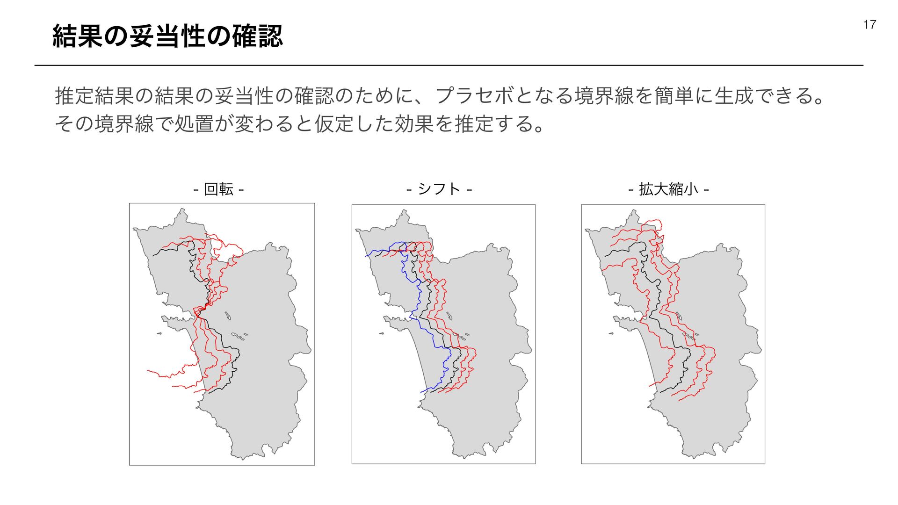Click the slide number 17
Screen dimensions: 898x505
click(x=869, y=25)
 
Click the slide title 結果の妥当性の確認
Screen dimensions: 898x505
click(x=167, y=36)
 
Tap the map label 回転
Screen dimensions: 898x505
click(x=218, y=189)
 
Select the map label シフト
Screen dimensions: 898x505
click(x=439, y=189)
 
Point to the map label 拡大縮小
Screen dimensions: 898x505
click(x=668, y=189)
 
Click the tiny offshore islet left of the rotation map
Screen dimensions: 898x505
click(x=159, y=333)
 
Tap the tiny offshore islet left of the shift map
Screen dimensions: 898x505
click(x=381, y=333)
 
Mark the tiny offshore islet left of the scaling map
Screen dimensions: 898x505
click(x=611, y=333)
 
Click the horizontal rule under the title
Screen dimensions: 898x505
click(x=449, y=65)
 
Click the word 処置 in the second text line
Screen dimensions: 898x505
click(x=194, y=124)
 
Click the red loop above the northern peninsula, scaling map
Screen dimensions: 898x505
click(x=654, y=223)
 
